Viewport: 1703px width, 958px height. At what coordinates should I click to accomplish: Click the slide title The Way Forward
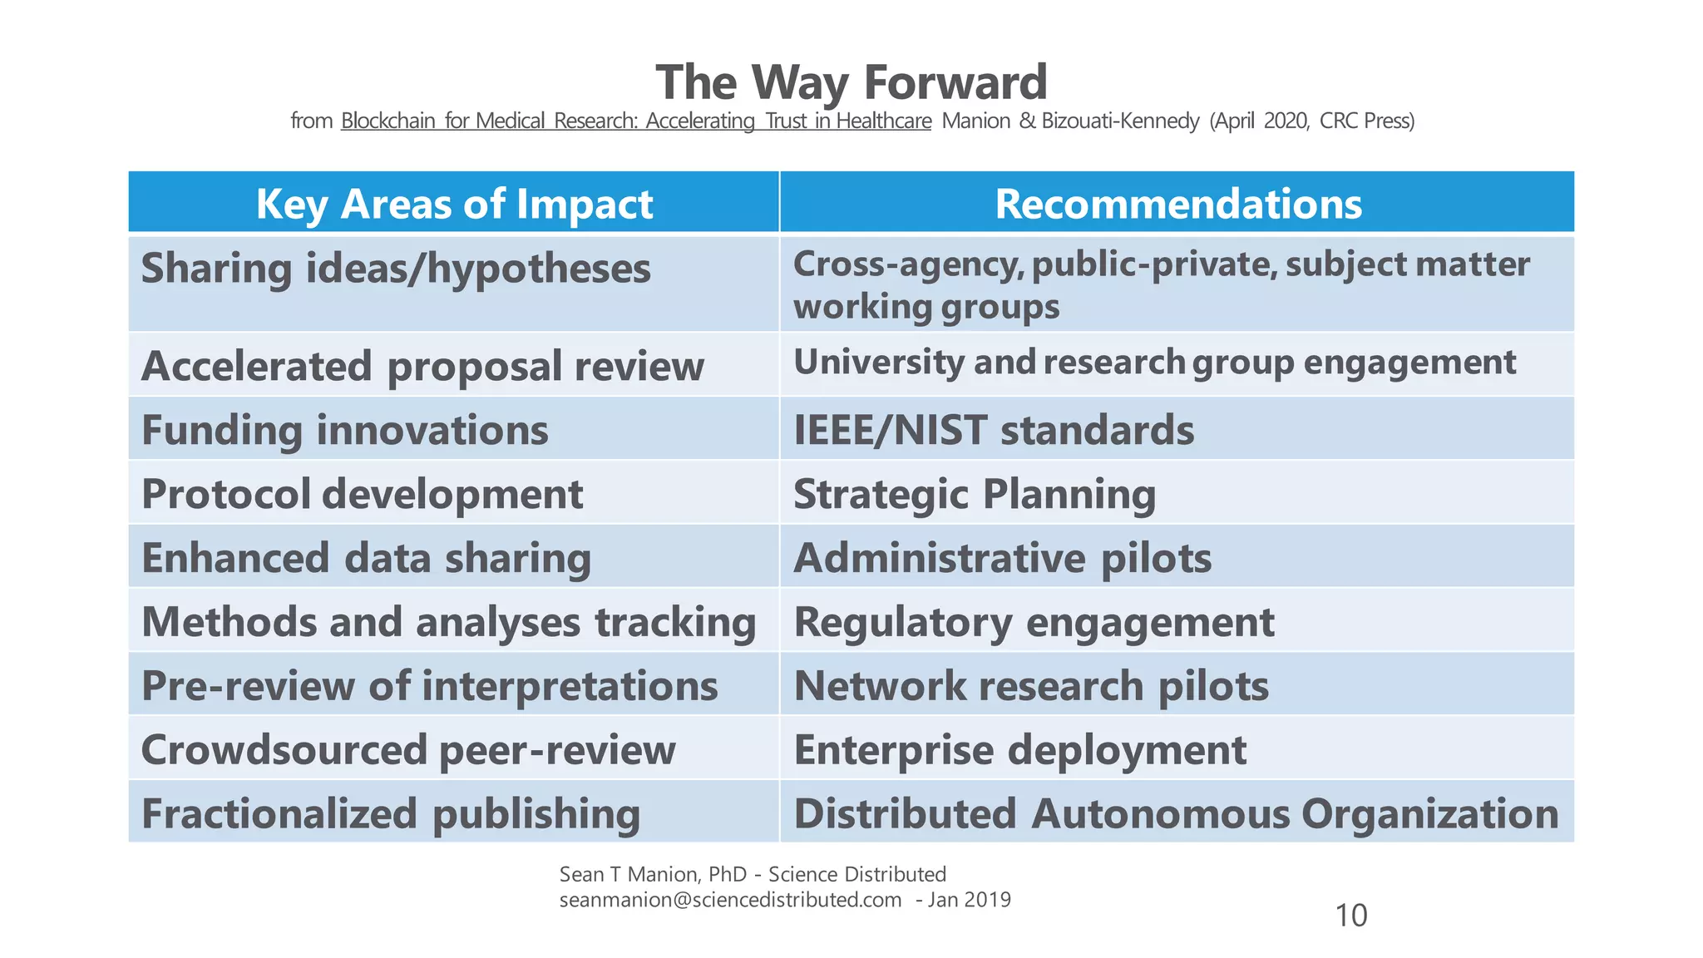[851, 82]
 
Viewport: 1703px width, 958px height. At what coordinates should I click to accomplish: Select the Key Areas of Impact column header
[454, 203]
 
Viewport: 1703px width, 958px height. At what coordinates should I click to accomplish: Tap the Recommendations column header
[1177, 203]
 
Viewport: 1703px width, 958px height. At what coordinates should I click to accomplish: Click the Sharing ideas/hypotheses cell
[396, 269]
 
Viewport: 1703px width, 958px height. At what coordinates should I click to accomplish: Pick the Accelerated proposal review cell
[422, 366]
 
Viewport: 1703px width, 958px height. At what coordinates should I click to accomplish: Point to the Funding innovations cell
[345, 430]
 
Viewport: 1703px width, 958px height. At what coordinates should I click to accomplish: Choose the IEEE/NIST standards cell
[994, 430]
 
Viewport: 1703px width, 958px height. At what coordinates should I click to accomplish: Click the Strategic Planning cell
[975, 494]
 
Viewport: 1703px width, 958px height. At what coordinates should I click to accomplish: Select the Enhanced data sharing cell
[366, 558]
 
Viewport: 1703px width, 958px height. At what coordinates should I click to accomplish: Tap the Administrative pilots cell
[1002, 558]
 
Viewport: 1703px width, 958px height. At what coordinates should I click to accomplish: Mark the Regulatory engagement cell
[1034, 622]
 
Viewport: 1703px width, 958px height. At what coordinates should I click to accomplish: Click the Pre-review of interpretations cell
[429, 686]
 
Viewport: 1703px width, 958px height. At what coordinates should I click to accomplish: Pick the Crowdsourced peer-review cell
[408, 750]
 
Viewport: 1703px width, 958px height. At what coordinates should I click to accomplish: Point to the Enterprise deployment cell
[1019, 750]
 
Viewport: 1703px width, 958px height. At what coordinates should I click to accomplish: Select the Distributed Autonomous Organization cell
[1176, 813]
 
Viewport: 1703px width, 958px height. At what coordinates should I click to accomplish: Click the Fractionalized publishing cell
[391, 813]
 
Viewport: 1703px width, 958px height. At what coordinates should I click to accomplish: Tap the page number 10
[1350, 916]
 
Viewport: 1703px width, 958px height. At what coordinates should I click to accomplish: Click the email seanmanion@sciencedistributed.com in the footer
[730, 900]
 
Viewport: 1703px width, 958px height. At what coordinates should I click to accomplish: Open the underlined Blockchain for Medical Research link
[635, 121]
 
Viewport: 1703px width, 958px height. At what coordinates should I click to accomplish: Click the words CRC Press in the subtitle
[1364, 121]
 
